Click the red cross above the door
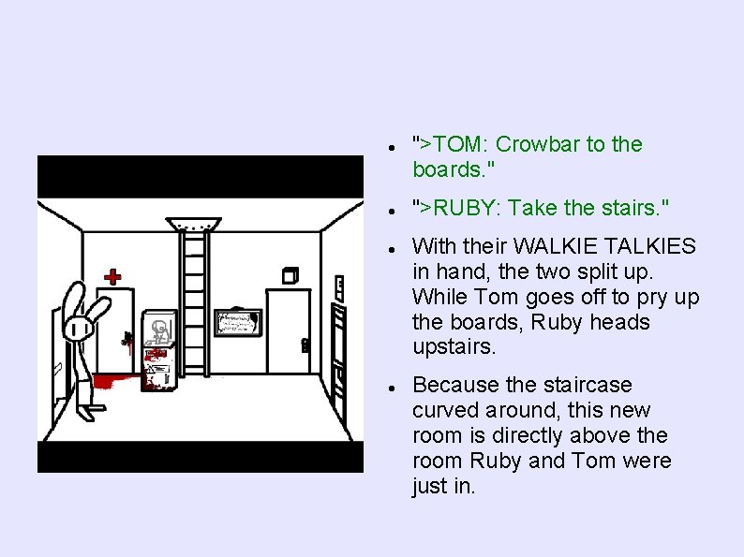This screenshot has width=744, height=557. (112, 276)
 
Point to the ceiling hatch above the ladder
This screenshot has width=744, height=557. (195, 225)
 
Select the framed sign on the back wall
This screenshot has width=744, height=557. (237, 322)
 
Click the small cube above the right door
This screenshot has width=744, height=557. (289, 275)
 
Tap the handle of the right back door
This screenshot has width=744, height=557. (305, 344)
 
